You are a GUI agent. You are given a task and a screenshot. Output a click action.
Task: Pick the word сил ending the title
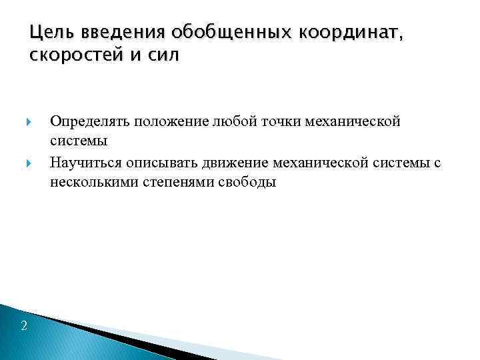tap(164, 56)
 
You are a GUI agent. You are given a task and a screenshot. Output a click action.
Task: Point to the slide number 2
tap(24, 325)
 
